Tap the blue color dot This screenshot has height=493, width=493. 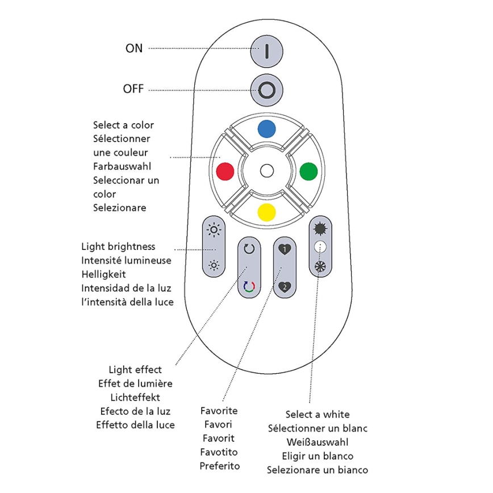coord(266,129)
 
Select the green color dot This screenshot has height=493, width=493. coord(308,170)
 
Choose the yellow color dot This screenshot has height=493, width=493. coord(266,212)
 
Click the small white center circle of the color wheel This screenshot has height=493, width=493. coord(266,170)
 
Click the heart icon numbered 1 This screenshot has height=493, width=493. coord(285,249)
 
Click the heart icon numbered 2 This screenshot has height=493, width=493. coord(285,286)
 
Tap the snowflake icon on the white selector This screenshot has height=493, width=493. coord(320,265)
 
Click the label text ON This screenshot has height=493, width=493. coord(134,49)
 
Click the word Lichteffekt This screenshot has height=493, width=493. coord(135,398)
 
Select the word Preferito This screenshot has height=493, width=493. coord(219,466)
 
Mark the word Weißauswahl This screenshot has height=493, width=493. coord(317,442)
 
